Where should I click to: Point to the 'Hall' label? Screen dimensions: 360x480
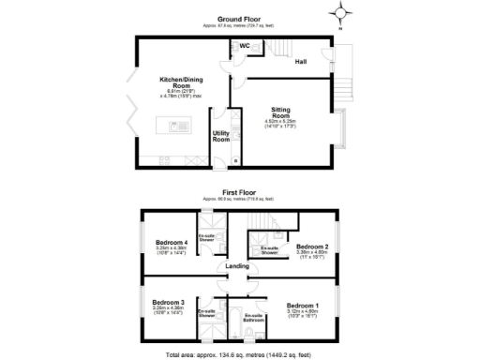click(x=300, y=62)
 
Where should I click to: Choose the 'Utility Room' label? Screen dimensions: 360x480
click(x=221, y=136)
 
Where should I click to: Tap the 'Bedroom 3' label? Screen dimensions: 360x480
click(x=168, y=302)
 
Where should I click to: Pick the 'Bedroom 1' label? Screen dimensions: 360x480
click(x=302, y=307)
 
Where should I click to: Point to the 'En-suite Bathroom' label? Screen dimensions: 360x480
click(x=253, y=318)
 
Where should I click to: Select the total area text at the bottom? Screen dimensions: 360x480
click(x=239, y=354)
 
